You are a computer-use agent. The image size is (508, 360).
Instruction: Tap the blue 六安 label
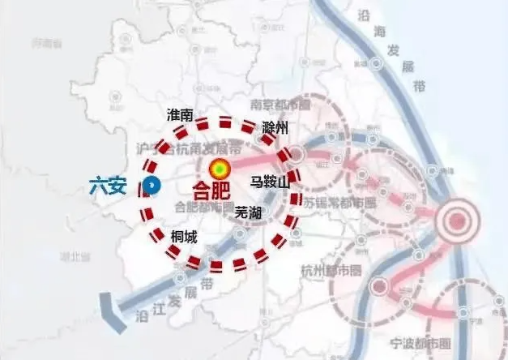point(109,186)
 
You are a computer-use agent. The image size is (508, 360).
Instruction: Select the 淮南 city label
point(179,115)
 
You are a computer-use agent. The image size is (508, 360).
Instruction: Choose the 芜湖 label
point(248,212)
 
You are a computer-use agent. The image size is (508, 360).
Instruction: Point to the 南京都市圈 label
point(281,105)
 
